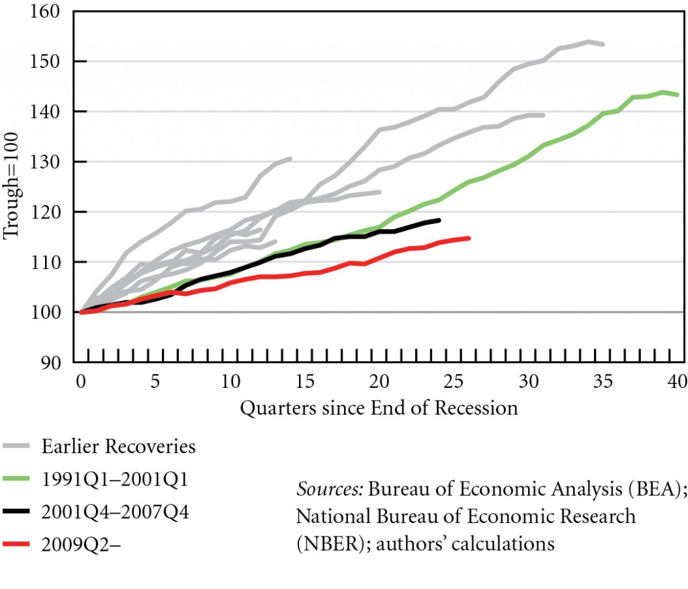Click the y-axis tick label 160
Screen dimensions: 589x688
[57, 11]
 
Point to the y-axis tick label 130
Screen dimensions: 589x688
[57, 161]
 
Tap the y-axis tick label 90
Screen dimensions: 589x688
[60, 362]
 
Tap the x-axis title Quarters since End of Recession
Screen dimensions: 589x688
[379, 408]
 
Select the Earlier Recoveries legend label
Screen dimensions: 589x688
[118, 446]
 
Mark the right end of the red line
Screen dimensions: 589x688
[469, 238]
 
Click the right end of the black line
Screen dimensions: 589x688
[439, 220]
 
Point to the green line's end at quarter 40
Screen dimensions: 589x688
[679, 95]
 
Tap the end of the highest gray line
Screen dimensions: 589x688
[604, 44]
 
